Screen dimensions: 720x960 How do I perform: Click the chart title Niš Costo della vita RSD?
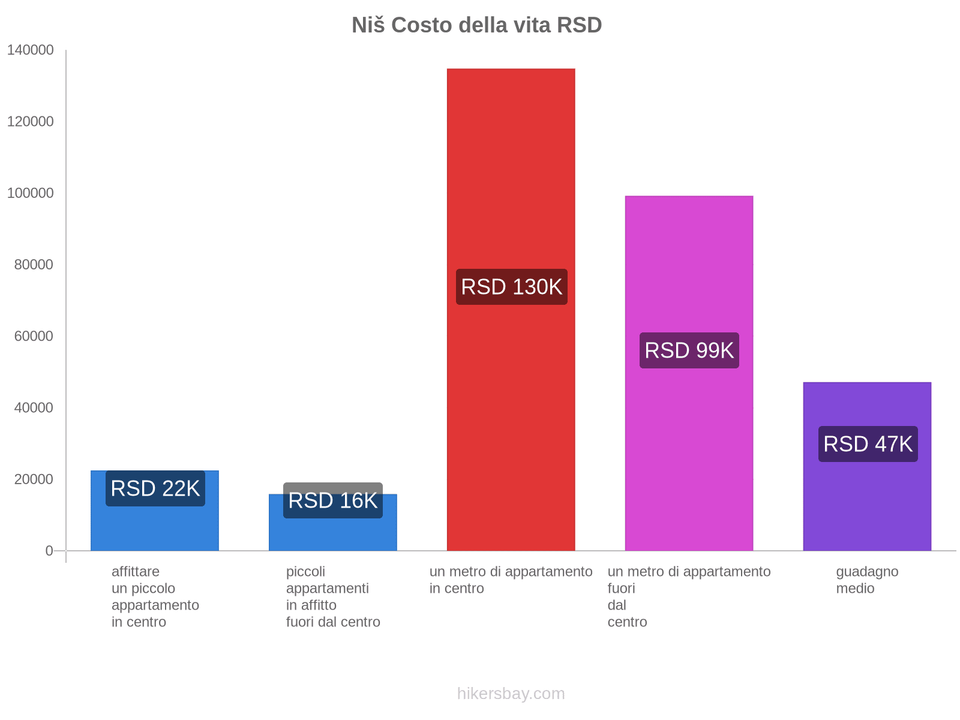click(476, 25)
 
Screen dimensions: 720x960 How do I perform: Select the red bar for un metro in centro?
click(511, 180)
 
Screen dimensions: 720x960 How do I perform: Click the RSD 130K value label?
click(511, 287)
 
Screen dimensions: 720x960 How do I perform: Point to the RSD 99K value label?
click(689, 350)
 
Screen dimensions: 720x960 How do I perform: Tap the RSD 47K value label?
click(868, 444)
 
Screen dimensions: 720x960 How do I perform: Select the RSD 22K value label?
click(155, 488)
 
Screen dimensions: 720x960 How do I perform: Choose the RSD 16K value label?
click(333, 500)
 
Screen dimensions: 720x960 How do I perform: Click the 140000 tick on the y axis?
click(31, 50)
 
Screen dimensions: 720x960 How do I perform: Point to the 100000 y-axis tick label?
click(31, 193)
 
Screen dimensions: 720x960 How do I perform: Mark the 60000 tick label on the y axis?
click(34, 336)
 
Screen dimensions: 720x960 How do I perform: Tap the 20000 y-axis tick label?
click(34, 479)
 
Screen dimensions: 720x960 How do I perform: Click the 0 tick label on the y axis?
click(49, 551)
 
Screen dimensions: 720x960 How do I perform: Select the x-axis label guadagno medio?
click(867, 580)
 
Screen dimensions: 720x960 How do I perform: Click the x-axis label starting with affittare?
click(155, 596)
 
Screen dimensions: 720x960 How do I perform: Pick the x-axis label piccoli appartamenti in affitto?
click(333, 596)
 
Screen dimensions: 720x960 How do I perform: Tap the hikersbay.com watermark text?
click(511, 694)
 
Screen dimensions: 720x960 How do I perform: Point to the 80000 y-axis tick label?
click(34, 265)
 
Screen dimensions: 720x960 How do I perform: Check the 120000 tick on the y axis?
click(31, 122)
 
